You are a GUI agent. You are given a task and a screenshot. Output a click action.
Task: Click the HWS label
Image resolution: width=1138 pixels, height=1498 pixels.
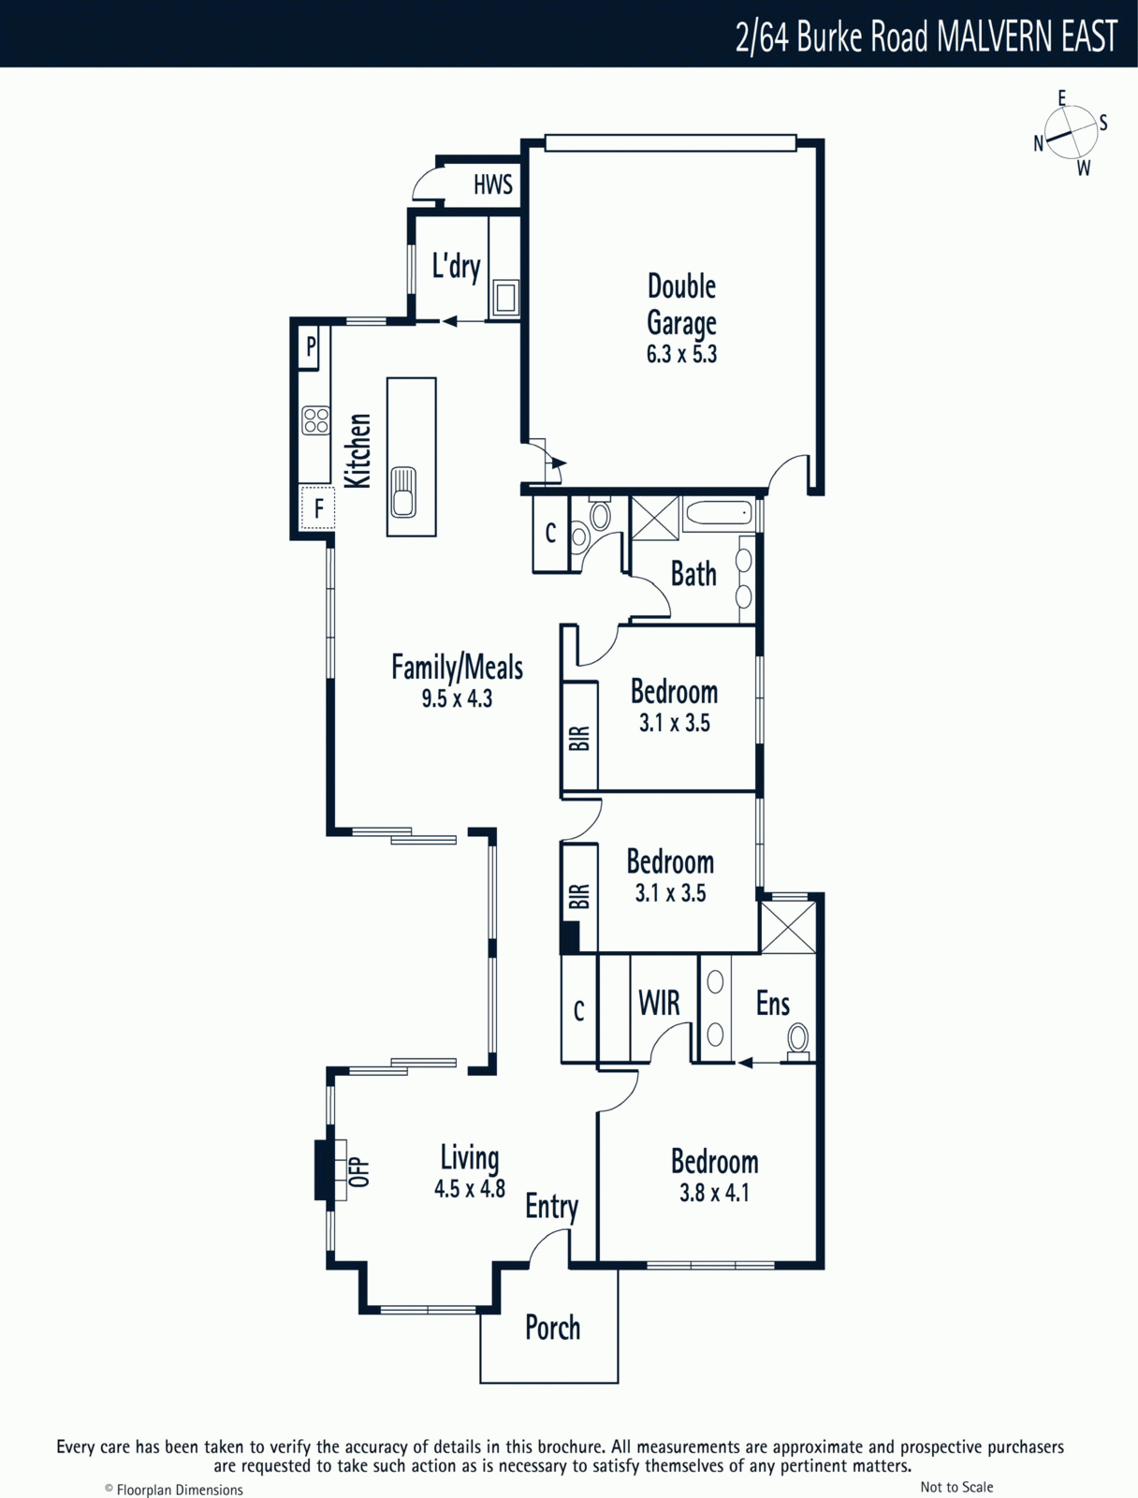tap(493, 184)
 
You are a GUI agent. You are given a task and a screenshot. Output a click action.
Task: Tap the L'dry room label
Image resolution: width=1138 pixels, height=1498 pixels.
tap(456, 267)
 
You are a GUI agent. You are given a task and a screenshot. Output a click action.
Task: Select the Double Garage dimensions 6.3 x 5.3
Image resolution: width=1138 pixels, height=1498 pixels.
tap(681, 354)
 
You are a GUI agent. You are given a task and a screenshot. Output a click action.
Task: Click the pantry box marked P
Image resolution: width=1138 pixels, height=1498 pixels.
tap(310, 346)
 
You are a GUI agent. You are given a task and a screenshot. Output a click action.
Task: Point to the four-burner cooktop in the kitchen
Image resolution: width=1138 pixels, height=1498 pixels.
tap(315, 419)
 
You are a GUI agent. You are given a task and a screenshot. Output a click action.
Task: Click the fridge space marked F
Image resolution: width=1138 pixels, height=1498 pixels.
tap(318, 507)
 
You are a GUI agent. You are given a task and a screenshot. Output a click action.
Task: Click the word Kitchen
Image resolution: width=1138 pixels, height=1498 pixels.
tap(358, 450)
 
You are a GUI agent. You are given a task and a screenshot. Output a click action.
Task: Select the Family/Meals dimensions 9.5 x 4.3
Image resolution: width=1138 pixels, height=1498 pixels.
tap(457, 698)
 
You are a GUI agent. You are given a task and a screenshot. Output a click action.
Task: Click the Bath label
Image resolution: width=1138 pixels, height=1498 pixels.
tap(693, 574)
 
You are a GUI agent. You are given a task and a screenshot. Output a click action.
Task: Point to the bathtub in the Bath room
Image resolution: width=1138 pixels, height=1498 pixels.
tap(720, 515)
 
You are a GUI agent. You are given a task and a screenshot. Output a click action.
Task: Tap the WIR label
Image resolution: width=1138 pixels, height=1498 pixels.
tap(659, 1003)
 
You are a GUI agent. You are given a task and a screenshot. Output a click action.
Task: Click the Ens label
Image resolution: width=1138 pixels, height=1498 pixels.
tap(772, 1004)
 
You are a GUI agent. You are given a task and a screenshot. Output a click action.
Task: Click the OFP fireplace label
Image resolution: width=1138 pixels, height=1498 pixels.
tap(359, 1171)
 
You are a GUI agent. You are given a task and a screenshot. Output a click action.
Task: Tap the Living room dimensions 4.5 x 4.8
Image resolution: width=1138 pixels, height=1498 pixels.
tap(470, 1190)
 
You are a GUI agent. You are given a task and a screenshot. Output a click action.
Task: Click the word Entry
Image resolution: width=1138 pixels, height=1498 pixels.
tap(551, 1208)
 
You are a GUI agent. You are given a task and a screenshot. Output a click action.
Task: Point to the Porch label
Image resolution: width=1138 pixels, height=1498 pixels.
tap(552, 1328)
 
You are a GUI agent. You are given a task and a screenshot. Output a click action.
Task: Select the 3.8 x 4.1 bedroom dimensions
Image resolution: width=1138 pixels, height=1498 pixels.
tap(715, 1193)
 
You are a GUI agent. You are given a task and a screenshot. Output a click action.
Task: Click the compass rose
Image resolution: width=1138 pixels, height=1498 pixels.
tap(1072, 135)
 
